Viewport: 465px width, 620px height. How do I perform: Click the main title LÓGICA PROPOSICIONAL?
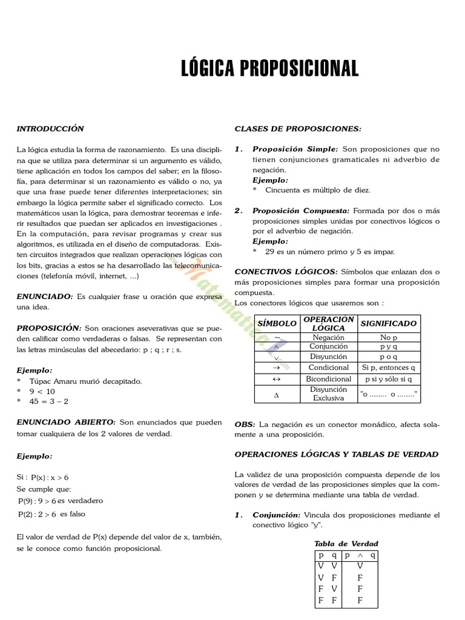[270, 68]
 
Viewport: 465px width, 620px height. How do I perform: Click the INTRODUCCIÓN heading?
[50, 128]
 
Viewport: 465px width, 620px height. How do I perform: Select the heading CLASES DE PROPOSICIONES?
[297, 128]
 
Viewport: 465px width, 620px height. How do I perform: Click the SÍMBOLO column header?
[277, 323]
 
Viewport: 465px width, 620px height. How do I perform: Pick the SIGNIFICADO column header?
[388, 323]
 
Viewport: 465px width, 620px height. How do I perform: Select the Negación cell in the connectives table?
[329, 337]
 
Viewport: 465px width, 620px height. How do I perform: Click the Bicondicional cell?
[329, 378]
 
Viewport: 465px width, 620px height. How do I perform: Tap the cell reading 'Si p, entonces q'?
[388, 368]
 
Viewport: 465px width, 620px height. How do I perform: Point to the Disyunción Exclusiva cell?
[329, 394]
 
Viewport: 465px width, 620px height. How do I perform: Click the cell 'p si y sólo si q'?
[388, 378]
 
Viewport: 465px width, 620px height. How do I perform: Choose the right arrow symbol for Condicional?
[277, 368]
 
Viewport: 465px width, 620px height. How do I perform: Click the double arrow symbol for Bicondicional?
[277, 378]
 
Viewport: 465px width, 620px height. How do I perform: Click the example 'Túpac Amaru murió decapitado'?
[85, 381]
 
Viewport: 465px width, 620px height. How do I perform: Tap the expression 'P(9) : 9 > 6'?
[38, 501]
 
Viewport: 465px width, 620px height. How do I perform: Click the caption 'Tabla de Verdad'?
[346, 544]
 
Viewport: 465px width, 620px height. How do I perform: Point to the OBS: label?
[245, 424]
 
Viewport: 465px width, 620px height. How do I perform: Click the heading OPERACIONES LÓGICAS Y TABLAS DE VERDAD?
[336, 454]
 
